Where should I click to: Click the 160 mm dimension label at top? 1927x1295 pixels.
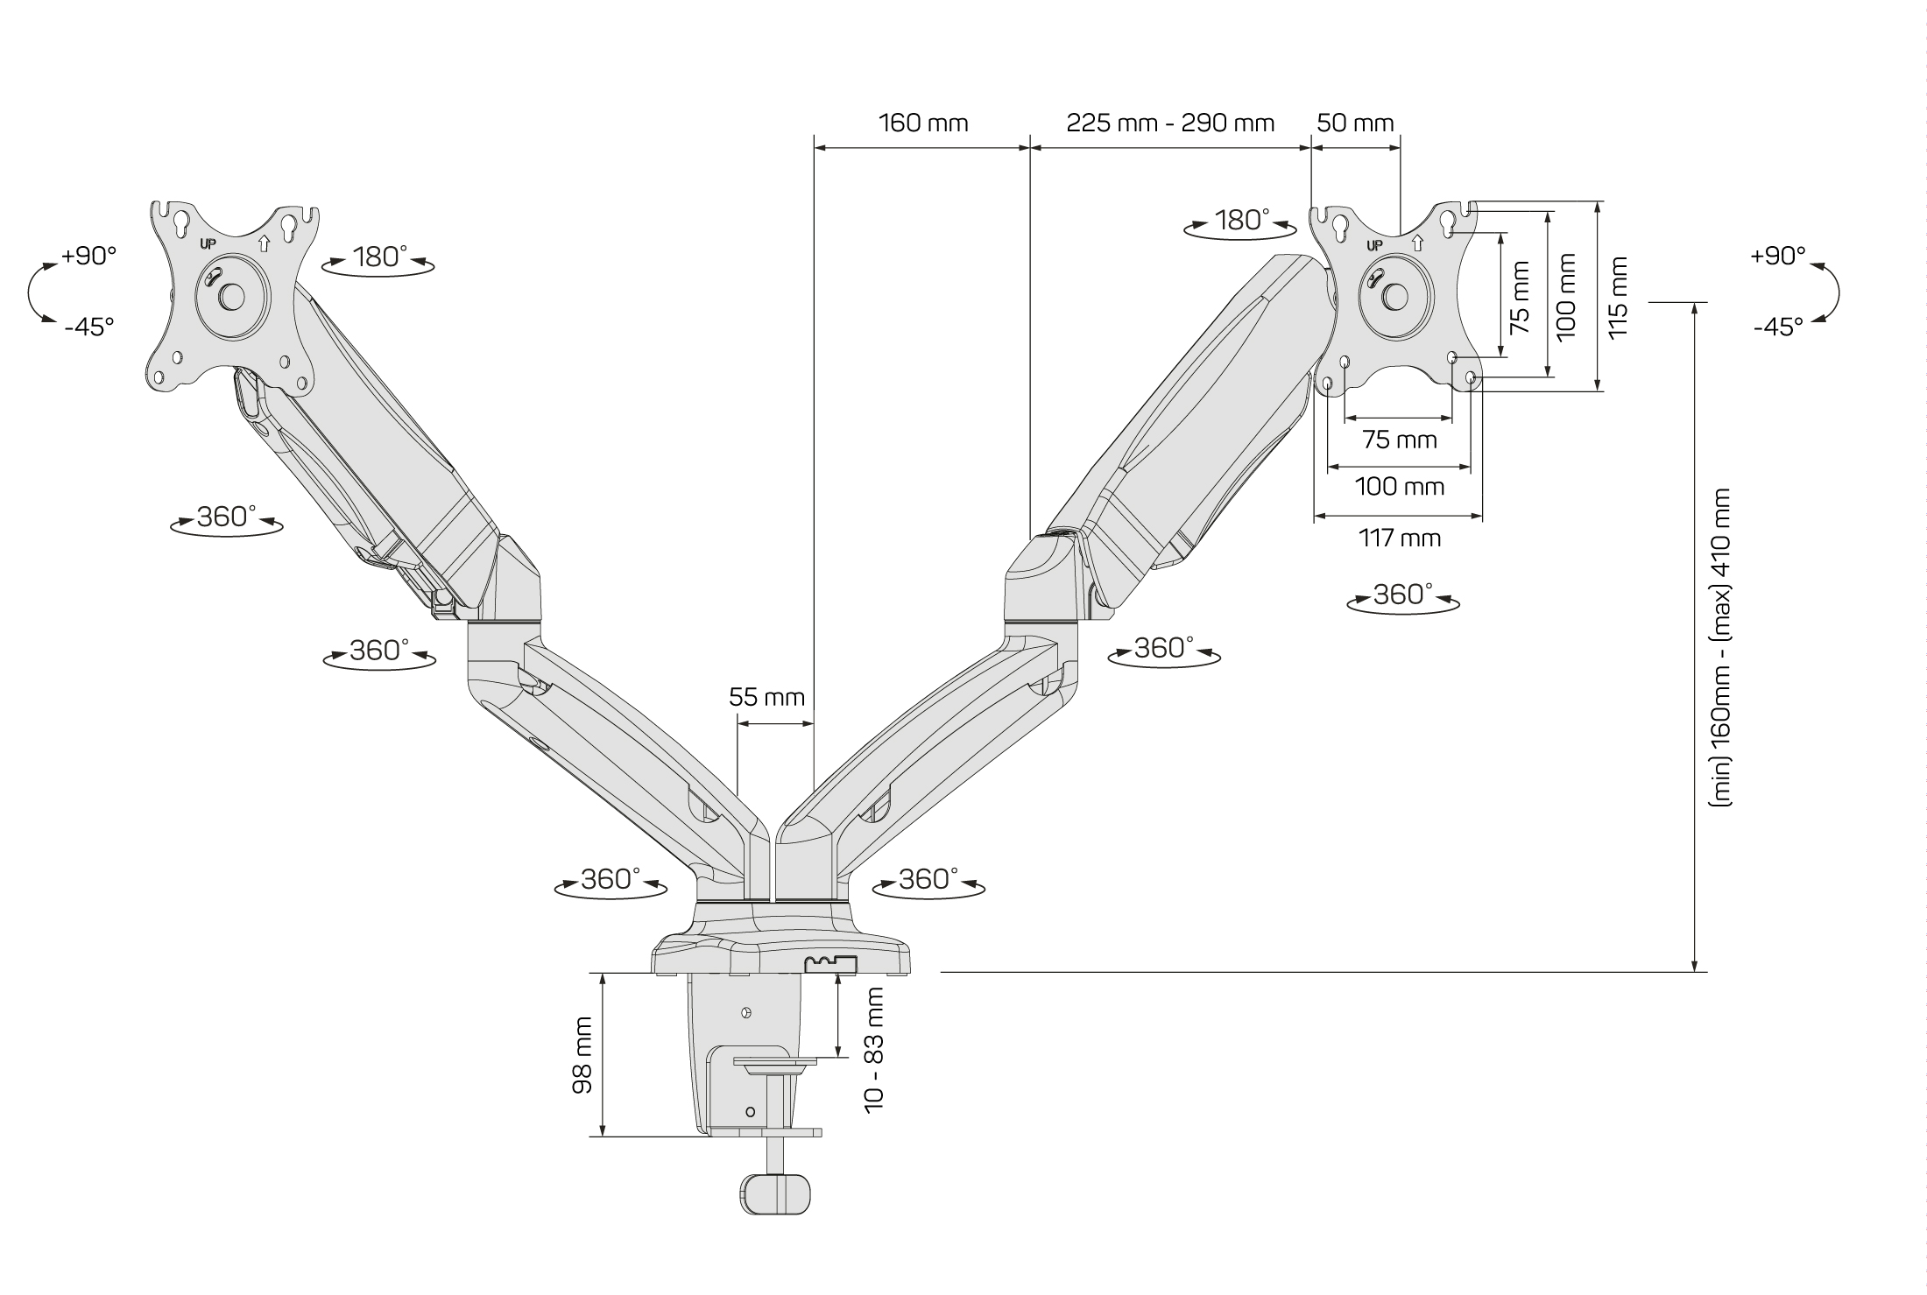923,123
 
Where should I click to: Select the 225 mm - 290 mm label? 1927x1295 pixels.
1170,123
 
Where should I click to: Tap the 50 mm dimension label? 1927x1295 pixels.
1355,123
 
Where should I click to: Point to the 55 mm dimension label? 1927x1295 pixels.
766,697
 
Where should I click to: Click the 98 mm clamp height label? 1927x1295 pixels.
582,1054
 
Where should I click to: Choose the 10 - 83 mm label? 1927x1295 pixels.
874,1049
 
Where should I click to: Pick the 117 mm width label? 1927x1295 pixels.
1400,538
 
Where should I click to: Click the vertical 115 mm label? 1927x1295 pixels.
1617,297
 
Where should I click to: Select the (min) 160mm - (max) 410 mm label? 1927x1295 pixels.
1721,646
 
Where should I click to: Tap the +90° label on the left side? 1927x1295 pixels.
88,256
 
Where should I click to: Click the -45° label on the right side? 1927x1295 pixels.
1778,327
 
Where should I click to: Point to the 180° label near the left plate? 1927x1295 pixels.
379,257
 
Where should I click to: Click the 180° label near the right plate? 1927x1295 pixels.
1241,221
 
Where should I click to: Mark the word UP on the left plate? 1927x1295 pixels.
208,244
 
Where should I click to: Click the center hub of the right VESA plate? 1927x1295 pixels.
1393,296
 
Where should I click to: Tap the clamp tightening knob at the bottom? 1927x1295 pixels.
775,1194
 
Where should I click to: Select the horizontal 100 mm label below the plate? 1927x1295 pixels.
1400,486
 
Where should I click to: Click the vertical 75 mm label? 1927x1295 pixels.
1521,297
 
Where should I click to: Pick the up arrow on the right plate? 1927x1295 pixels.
1419,243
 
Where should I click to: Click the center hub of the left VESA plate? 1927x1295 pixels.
232,296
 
